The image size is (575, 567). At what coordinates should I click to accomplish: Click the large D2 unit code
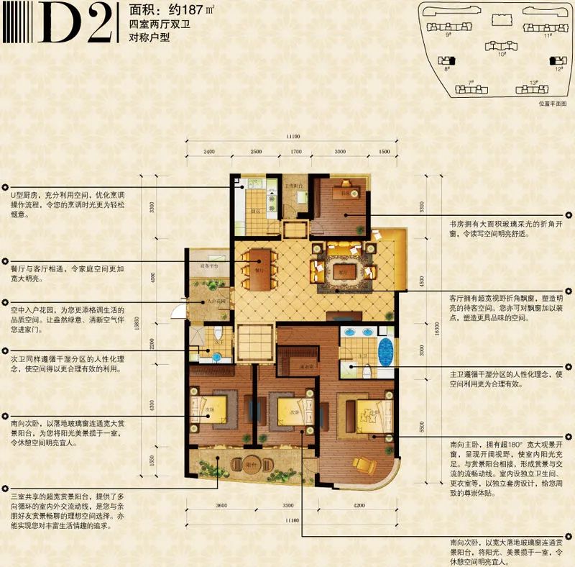81,24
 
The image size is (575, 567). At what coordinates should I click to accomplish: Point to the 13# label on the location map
533,83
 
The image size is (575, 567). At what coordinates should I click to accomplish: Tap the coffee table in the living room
343,271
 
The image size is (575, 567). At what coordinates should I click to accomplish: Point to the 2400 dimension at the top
208,153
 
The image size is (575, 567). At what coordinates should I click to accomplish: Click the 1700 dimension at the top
296,153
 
